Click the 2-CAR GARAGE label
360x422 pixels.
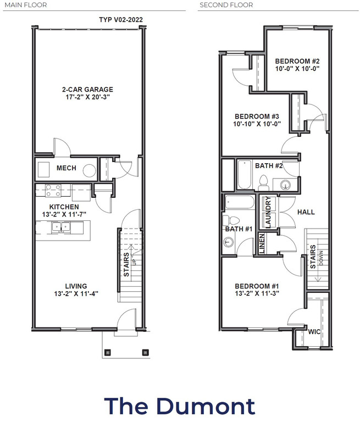[x=87, y=90]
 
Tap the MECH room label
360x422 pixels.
[x=67, y=168]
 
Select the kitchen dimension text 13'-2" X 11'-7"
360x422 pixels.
[x=64, y=214]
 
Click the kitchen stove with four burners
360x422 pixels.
[x=53, y=190]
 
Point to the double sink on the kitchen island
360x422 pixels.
[x=61, y=227]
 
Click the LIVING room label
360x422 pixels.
[x=76, y=286]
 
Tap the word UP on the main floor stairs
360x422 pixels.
[x=134, y=262]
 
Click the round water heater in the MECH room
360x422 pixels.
[x=89, y=171]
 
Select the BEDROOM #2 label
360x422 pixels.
[x=297, y=61]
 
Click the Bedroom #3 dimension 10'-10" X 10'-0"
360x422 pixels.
[x=257, y=124]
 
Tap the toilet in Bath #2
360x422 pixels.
[x=264, y=183]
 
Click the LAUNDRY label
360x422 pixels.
[x=268, y=212]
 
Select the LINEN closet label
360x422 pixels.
[x=262, y=243]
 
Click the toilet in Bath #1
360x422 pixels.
[x=231, y=220]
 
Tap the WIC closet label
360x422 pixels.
[x=314, y=331]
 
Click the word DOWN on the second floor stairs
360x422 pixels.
[x=321, y=258]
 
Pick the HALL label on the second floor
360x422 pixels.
[x=306, y=212]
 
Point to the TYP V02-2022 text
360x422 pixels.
[x=121, y=20]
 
